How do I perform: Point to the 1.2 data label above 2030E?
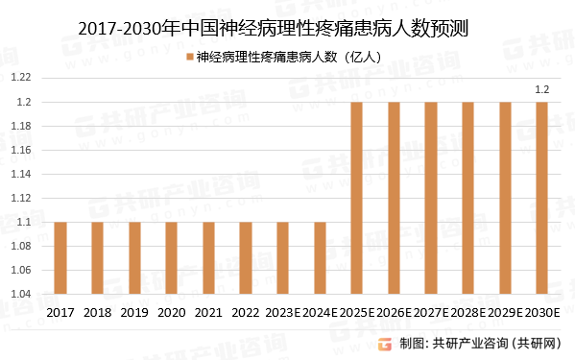541,90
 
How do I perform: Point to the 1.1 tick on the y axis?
23,222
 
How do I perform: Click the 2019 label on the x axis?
134,313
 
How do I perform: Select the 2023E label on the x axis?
282,313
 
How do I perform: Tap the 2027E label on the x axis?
430,313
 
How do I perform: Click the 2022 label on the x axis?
246,313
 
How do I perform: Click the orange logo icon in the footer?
385,344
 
